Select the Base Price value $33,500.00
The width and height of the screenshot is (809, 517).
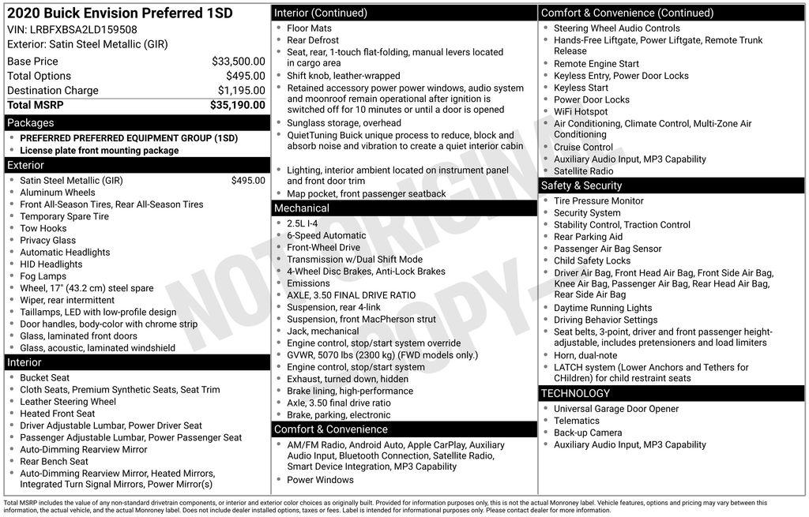238,61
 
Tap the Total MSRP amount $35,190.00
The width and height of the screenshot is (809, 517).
237,105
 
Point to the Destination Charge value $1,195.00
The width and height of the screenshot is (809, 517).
241,91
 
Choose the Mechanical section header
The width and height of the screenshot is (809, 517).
301,208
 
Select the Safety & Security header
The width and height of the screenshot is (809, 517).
581,185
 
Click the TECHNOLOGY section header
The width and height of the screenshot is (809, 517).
575,393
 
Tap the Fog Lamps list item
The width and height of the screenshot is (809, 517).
43,276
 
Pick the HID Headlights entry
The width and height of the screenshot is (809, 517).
51,264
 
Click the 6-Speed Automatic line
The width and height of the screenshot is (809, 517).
325,235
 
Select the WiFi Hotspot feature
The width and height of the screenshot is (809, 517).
581,112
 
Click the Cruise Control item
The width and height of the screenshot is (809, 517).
583,148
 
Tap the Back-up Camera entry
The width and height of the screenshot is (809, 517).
588,433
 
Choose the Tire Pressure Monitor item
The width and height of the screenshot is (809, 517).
598,201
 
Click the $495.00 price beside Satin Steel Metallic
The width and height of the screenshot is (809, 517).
248,181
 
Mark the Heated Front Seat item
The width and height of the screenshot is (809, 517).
58,414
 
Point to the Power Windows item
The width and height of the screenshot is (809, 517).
320,480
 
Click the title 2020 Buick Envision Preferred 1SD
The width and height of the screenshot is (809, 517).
119,13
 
